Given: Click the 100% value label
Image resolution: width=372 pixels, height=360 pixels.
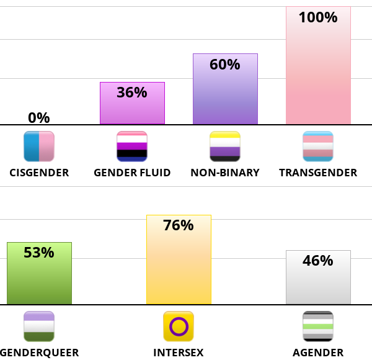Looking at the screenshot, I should [x=318, y=17].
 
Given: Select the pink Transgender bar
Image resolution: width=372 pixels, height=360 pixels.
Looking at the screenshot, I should [x=318, y=74].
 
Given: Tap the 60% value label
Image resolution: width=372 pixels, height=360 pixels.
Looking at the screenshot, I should [x=225, y=65].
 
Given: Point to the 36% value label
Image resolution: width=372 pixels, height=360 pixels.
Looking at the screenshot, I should [x=132, y=92].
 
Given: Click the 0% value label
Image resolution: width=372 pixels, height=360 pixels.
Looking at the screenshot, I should [x=39, y=117].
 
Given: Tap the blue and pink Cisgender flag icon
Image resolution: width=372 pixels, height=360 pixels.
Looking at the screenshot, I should [x=39, y=146].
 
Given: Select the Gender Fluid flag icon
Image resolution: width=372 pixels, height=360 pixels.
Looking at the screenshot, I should [x=132, y=146].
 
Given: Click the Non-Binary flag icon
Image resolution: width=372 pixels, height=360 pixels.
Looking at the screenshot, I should [x=225, y=146].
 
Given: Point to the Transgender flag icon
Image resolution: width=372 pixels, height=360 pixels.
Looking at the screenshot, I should [x=318, y=146].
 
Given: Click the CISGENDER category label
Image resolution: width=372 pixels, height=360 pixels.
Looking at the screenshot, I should [x=39, y=173].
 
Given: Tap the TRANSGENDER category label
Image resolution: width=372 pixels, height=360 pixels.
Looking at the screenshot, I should [x=318, y=173].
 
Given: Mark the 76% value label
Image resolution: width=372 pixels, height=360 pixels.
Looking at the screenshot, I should [x=179, y=225].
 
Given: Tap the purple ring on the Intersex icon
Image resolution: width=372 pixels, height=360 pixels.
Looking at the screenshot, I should [x=179, y=326].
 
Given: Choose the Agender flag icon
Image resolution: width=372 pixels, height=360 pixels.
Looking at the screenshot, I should [x=318, y=326].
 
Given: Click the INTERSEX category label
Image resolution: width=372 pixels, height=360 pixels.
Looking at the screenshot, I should [x=179, y=353].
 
